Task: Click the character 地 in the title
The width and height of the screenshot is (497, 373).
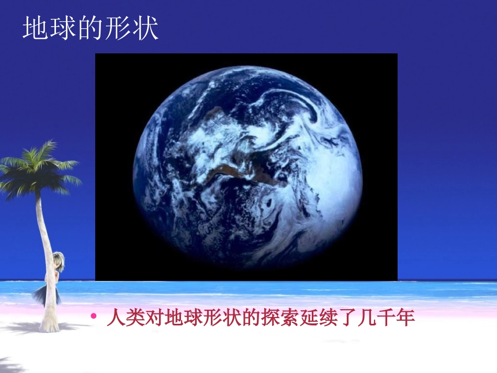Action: [36, 28]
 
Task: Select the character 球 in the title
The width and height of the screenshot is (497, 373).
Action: [63, 28]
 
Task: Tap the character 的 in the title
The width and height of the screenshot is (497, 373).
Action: [90, 28]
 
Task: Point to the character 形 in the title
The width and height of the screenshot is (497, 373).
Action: [117, 28]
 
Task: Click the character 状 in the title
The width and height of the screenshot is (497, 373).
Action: [144, 28]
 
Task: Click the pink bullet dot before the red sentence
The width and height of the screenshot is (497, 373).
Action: [94, 315]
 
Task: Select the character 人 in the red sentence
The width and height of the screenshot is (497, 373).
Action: [116, 318]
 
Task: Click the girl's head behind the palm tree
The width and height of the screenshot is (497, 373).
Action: [59, 261]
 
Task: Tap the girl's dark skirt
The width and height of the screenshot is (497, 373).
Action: [48, 294]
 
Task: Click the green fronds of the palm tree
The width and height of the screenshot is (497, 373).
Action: [38, 171]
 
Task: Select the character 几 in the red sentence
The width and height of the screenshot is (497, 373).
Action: [368, 318]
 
